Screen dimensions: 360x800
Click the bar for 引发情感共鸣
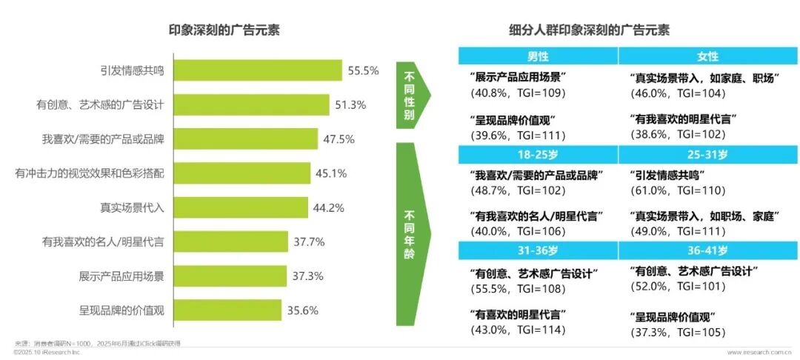click(257, 71)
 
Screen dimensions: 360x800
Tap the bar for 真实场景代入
click(240, 207)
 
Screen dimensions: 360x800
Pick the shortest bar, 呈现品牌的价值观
click(227, 310)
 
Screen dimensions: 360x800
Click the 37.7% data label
click(308, 241)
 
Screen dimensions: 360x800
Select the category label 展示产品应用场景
click(121, 276)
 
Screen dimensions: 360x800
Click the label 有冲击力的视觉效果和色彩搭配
click(90, 173)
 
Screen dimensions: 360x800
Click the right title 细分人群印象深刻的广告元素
click(589, 30)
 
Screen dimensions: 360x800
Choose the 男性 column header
click(538, 56)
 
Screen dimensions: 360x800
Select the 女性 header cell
click(707, 56)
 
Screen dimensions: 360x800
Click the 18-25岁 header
click(538, 154)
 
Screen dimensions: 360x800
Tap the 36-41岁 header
click(707, 250)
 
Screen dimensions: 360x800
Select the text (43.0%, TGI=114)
click(517, 329)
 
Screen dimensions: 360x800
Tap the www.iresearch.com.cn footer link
click(762, 353)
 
